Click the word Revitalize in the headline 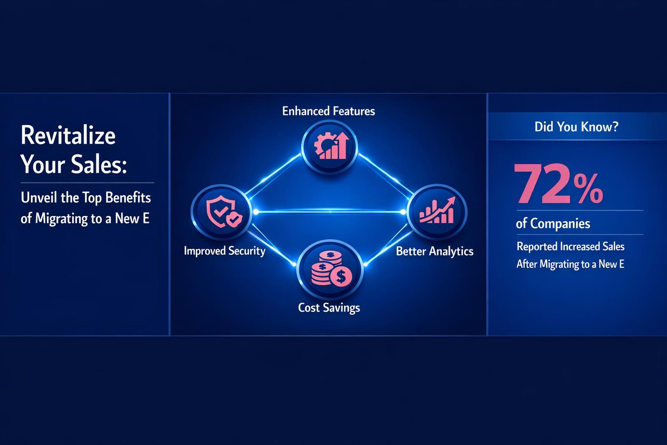[x=68, y=136]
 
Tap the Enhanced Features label [x=328, y=111]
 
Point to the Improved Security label [x=225, y=251]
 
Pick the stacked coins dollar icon [x=330, y=269]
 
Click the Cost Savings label [x=329, y=308]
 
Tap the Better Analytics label [x=435, y=251]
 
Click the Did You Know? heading [x=576, y=127]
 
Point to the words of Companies [x=553, y=224]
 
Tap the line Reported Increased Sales [x=570, y=247]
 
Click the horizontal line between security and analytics [x=329, y=212]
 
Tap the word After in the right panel [x=527, y=264]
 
